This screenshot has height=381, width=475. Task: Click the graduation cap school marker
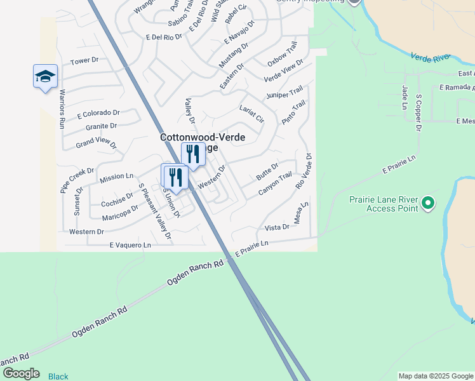(x=45, y=77)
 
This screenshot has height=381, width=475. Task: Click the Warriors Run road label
(x=62, y=108)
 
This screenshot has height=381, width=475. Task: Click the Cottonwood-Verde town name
(x=203, y=137)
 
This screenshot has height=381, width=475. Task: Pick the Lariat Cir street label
(x=251, y=113)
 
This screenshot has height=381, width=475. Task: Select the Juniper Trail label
(x=284, y=94)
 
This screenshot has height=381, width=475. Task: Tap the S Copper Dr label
(x=419, y=114)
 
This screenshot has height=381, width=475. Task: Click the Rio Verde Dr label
(x=304, y=170)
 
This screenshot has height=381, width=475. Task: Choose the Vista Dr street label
(x=277, y=227)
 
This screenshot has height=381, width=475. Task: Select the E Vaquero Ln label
(x=130, y=244)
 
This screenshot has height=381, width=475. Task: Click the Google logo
(x=20, y=373)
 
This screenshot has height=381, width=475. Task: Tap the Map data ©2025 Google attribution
(x=436, y=376)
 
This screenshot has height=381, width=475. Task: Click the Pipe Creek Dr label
(x=77, y=180)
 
